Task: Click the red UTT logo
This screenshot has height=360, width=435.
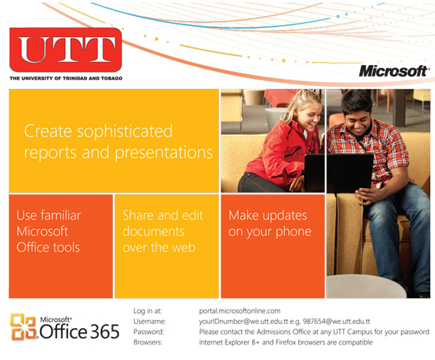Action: [x=66, y=50]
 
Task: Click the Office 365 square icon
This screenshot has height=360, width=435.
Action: [x=23, y=327]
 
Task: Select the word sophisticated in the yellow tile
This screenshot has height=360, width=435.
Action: [x=125, y=132]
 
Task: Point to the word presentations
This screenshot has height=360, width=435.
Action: [x=164, y=153]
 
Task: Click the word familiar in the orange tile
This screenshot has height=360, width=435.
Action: [x=61, y=215]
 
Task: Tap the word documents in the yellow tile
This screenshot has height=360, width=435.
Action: [x=154, y=232]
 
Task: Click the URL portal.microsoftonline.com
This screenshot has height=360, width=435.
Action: [x=239, y=311]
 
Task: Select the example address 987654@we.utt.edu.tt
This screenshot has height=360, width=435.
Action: [x=336, y=322]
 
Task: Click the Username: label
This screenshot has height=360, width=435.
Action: [x=150, y=322]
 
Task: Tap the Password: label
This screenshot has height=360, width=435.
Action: [x=149, y=332]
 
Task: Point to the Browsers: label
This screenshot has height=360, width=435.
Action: [x=148, y=342]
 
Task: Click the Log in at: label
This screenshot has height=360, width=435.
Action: [x=148, y=311]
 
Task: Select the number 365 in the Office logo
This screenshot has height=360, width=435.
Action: [x=104, y=331]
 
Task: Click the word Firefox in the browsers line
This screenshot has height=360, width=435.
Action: [x=285, y=342]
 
